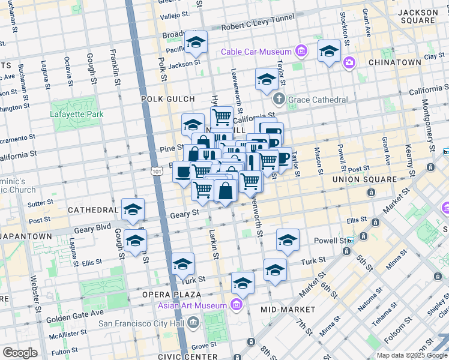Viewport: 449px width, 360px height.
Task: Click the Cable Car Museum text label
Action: [x=256, y=52]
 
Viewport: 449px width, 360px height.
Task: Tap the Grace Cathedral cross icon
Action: [x=279, y=99]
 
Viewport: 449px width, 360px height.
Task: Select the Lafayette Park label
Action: [x=77, y=114]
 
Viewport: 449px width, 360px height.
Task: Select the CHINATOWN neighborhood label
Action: [x=394, y=62]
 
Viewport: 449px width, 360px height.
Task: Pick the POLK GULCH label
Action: [x=168, y=99]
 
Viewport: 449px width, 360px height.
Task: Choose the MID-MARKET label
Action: [x=288, y=310]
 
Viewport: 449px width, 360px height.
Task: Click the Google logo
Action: [x=20, y=352]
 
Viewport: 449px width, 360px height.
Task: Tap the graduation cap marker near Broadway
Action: [x=196, y=43]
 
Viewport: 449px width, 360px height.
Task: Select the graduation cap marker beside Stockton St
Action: [x=329, y=52]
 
